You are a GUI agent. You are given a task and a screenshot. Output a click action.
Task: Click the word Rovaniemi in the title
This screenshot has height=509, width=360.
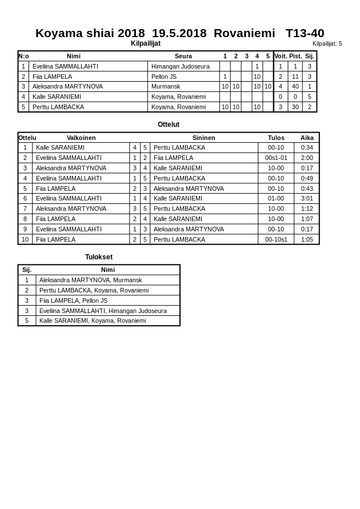tap(244, 33)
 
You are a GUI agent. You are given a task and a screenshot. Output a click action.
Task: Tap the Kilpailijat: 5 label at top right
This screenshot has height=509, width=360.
tap(327, 43)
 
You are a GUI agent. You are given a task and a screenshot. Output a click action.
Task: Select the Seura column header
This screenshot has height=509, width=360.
tap(183, 56)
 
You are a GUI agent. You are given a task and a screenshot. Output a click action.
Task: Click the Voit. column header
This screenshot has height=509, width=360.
tap(281, 56)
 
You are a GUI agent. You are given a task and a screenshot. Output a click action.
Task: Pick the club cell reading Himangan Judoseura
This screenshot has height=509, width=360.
tap(180, 66)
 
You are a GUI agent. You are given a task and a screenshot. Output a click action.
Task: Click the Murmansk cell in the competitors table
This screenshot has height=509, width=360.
tap(166, 86)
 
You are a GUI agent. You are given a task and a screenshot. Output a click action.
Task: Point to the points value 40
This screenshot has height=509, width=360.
tap(295, 86)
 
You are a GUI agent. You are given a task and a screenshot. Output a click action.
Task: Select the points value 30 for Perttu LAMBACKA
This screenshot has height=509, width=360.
tap(295, 107)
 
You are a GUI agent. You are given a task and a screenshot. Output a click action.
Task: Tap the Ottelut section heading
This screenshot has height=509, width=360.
tap(169, 125)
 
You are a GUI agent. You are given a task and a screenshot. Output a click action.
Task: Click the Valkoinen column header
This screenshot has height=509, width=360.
tap(81, 138)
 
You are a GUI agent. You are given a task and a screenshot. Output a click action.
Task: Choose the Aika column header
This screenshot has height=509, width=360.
tap(307, 138)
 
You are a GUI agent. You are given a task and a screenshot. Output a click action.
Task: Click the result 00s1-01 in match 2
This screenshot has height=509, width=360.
tap(276, 158)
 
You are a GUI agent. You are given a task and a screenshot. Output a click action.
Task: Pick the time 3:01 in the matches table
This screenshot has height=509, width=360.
tap(307, 198)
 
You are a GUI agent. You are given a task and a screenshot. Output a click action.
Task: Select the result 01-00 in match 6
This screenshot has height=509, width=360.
tap(276, 198)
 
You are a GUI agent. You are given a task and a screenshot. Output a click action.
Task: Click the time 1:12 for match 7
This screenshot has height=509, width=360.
tap(307, 209)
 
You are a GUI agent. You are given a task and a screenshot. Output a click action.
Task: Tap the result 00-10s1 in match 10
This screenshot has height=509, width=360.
tap(276, 239)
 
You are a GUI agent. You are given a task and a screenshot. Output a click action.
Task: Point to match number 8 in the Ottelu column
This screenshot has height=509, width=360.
tap(25, 219)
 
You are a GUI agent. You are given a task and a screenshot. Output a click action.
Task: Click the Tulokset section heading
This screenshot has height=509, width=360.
tap(99, 257)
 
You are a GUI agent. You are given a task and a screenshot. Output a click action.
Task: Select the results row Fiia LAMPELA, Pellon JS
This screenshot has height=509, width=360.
tap(73, 300)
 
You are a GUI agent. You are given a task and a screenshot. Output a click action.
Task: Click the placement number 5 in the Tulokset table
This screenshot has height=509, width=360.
tap(27, 320)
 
